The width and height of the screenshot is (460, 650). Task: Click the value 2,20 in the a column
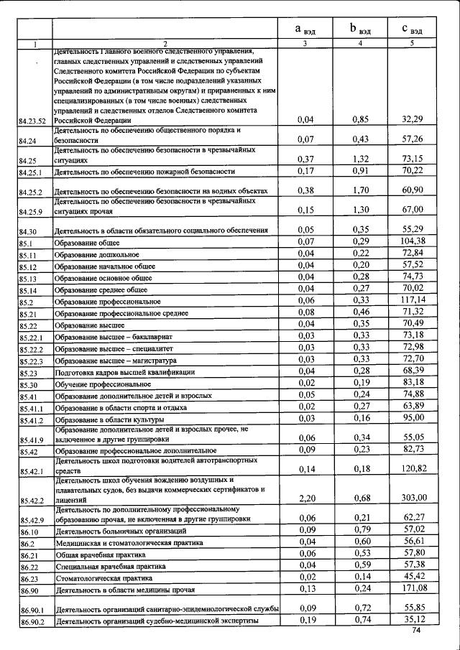pyautogui.click(x=305, y=498)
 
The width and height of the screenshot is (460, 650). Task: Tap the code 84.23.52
pyautogui.click(x=32, y=121)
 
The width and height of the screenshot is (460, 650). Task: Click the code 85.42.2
pyautogui.click(x=32, y=501)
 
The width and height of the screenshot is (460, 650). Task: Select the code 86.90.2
pyautogui.click(x=32, y=622)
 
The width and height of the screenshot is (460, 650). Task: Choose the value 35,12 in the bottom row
pyautogui.click(x=415, y=620)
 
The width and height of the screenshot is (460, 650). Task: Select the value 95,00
pyautogui.click(x=415, y=417)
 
